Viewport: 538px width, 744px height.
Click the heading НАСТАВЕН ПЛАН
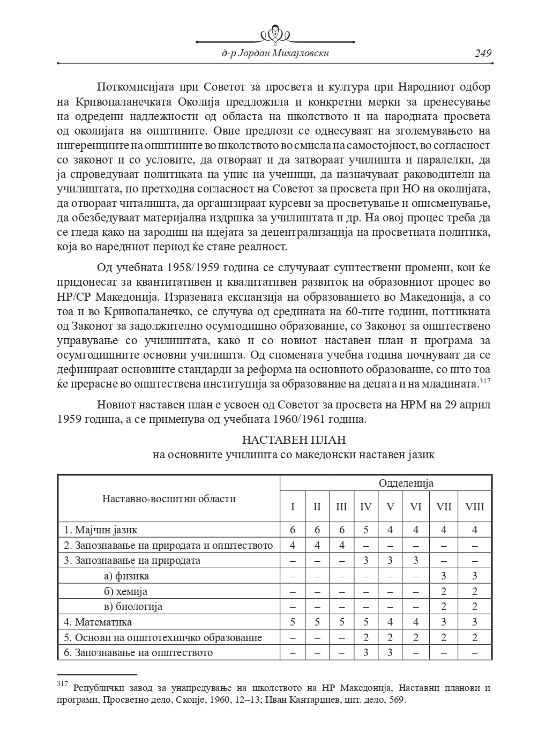(x=294, y=440)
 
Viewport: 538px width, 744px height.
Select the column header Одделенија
(x=406, y=483)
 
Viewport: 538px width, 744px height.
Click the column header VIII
(x=475, y=506)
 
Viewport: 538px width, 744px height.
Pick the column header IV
(x=366, y=506)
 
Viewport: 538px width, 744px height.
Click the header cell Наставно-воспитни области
(x=169, y=499)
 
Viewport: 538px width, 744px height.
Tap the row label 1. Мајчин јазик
(x=101, y=530)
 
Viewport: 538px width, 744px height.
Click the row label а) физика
(x=126, y=576)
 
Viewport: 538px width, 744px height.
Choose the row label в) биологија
(x=133, y=607)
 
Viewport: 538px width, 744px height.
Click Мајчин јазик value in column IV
(x=365, y=530)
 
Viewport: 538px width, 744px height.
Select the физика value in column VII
(x=444, y=576)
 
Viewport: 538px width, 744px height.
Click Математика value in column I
(x=293, y=622)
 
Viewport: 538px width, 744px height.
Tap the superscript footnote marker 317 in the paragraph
(x=485, y=381)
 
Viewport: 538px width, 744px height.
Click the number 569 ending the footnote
(x=398, y=700)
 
